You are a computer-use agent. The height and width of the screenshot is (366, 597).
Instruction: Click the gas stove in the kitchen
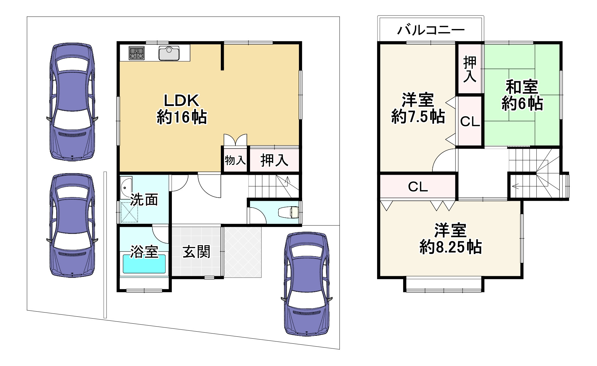click(137, 53)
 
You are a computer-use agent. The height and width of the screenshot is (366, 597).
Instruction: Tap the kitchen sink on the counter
click(169, 53)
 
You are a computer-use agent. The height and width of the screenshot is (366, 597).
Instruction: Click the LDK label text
click(181, 101)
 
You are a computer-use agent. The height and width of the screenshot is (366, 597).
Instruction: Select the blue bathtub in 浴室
click(144, 264)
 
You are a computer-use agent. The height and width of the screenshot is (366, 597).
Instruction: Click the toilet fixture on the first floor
click(289, 212)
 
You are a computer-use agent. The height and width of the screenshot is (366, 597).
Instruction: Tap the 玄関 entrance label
click(196, 252)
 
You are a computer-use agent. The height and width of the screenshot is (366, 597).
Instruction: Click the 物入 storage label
click(235, 160)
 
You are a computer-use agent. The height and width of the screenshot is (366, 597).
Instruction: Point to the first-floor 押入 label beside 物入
click(274, 160)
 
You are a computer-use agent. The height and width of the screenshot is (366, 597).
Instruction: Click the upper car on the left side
click(72, 102)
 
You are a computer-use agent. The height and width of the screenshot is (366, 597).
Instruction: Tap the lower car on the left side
click(72, 225)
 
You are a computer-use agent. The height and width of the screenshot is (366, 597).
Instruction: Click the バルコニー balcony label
click(431, 30)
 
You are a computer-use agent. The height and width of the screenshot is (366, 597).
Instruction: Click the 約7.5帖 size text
click(418, 116)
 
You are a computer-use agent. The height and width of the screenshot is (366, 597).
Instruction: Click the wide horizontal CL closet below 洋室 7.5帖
click(418, 187)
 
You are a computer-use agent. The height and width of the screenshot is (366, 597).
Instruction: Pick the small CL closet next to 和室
click(470, 121)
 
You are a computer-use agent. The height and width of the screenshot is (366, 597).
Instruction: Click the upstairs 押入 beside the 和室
click(470, 69)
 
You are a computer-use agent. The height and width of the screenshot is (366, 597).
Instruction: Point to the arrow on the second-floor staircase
click(515, 187)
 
